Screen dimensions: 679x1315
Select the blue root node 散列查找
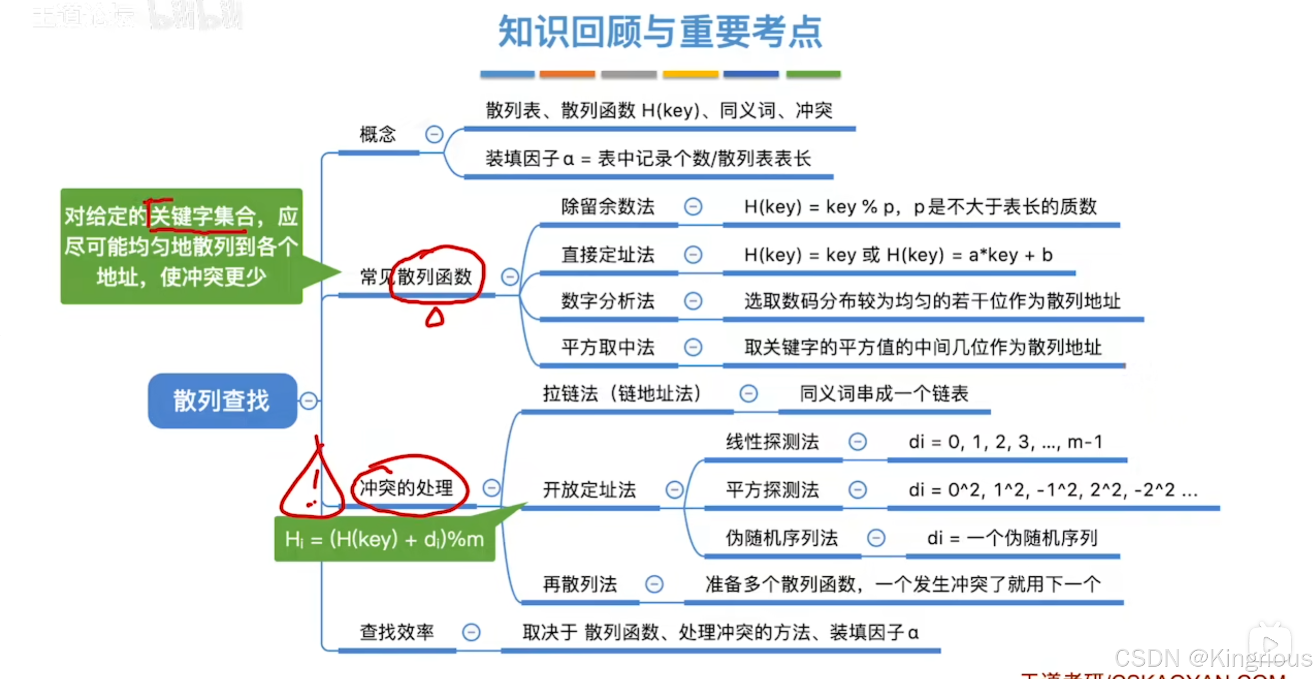[222, 401]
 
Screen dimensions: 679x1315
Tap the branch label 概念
[377, 134]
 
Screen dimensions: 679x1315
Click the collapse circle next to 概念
[434, 134]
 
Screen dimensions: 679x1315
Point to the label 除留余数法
[607, 207]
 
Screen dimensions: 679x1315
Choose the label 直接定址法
[607, 255]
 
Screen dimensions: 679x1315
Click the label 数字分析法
[607, 301]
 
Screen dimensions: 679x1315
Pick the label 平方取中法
[607, 347]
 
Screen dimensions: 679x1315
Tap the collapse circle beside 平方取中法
[693, 347]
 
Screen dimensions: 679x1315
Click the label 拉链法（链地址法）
[622, 393]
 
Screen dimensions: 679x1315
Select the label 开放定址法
[589, 489]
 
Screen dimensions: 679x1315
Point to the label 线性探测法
[772, 441]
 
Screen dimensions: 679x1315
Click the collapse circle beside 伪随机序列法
[875, 538]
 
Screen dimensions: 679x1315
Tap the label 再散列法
[579, 585]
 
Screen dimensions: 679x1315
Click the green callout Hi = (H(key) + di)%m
[384, 540]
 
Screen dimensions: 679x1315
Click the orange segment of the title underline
[567, 74]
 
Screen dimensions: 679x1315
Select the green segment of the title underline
[813, 74]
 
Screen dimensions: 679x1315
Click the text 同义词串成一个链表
[884, 393]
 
